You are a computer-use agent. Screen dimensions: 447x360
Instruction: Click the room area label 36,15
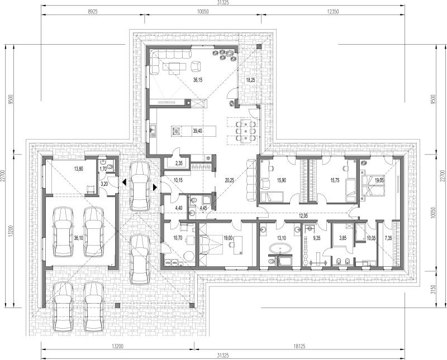coord(198,80)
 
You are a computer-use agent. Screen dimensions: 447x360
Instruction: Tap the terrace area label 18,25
coord(250,80)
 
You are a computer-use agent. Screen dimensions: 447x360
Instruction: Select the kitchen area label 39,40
coord(198,131)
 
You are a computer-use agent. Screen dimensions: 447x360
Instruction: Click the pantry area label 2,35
coord(179,163)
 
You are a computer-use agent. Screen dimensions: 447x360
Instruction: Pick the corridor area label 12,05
coord(303,216)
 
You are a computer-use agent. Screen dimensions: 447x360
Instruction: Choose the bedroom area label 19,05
coord(380,180)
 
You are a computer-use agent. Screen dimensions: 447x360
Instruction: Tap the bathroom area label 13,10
coord(282,238)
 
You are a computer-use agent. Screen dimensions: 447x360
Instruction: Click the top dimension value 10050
coord(203,12)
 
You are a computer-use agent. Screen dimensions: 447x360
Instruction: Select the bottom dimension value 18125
coord(299,347)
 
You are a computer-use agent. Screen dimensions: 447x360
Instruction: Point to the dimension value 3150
coord(434,289)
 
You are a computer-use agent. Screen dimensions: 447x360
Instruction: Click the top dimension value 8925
coord(93,12)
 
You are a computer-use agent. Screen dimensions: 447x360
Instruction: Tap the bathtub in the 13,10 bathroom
coord(280,248)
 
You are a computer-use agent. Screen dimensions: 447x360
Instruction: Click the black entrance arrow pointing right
coord(155,187)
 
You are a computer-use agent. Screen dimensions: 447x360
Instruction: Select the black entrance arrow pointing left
coord(124,182)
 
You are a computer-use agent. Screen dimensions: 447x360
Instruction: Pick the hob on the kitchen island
coord(176,131)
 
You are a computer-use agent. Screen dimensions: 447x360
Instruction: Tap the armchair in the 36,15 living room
coord(196,66)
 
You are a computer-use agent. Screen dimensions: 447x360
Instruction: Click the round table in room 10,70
coord(188,256)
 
